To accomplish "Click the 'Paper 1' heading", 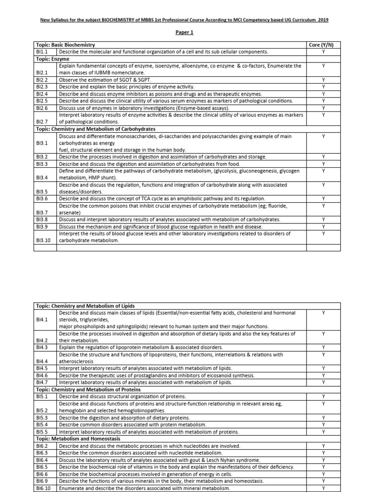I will [184, 32].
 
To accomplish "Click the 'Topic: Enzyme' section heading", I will [53, 58].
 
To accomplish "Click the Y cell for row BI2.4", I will [323, 94].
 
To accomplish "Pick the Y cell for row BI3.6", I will [323, 198].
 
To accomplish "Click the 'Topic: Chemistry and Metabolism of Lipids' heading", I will [85, 306].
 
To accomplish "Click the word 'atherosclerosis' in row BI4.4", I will [76, 361].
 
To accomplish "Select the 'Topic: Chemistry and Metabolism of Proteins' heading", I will [88, 389].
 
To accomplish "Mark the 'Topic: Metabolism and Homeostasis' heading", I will [78, 439].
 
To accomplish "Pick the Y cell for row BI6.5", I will [323, 467].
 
